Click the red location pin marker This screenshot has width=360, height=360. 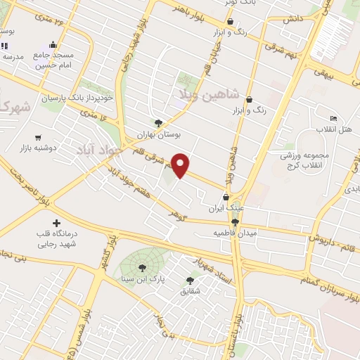pos(181,165)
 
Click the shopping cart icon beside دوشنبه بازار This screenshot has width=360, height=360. pos(37,138)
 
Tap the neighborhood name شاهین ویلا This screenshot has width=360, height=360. pos(221,94)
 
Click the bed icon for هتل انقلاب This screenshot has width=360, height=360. pos(333,118)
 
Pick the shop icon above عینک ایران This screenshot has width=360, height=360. pos(226,198)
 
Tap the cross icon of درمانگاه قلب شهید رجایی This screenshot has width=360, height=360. pos(57,222)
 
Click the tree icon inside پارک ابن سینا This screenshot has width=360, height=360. pos(143,267)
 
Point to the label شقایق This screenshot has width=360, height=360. pos(190,290)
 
